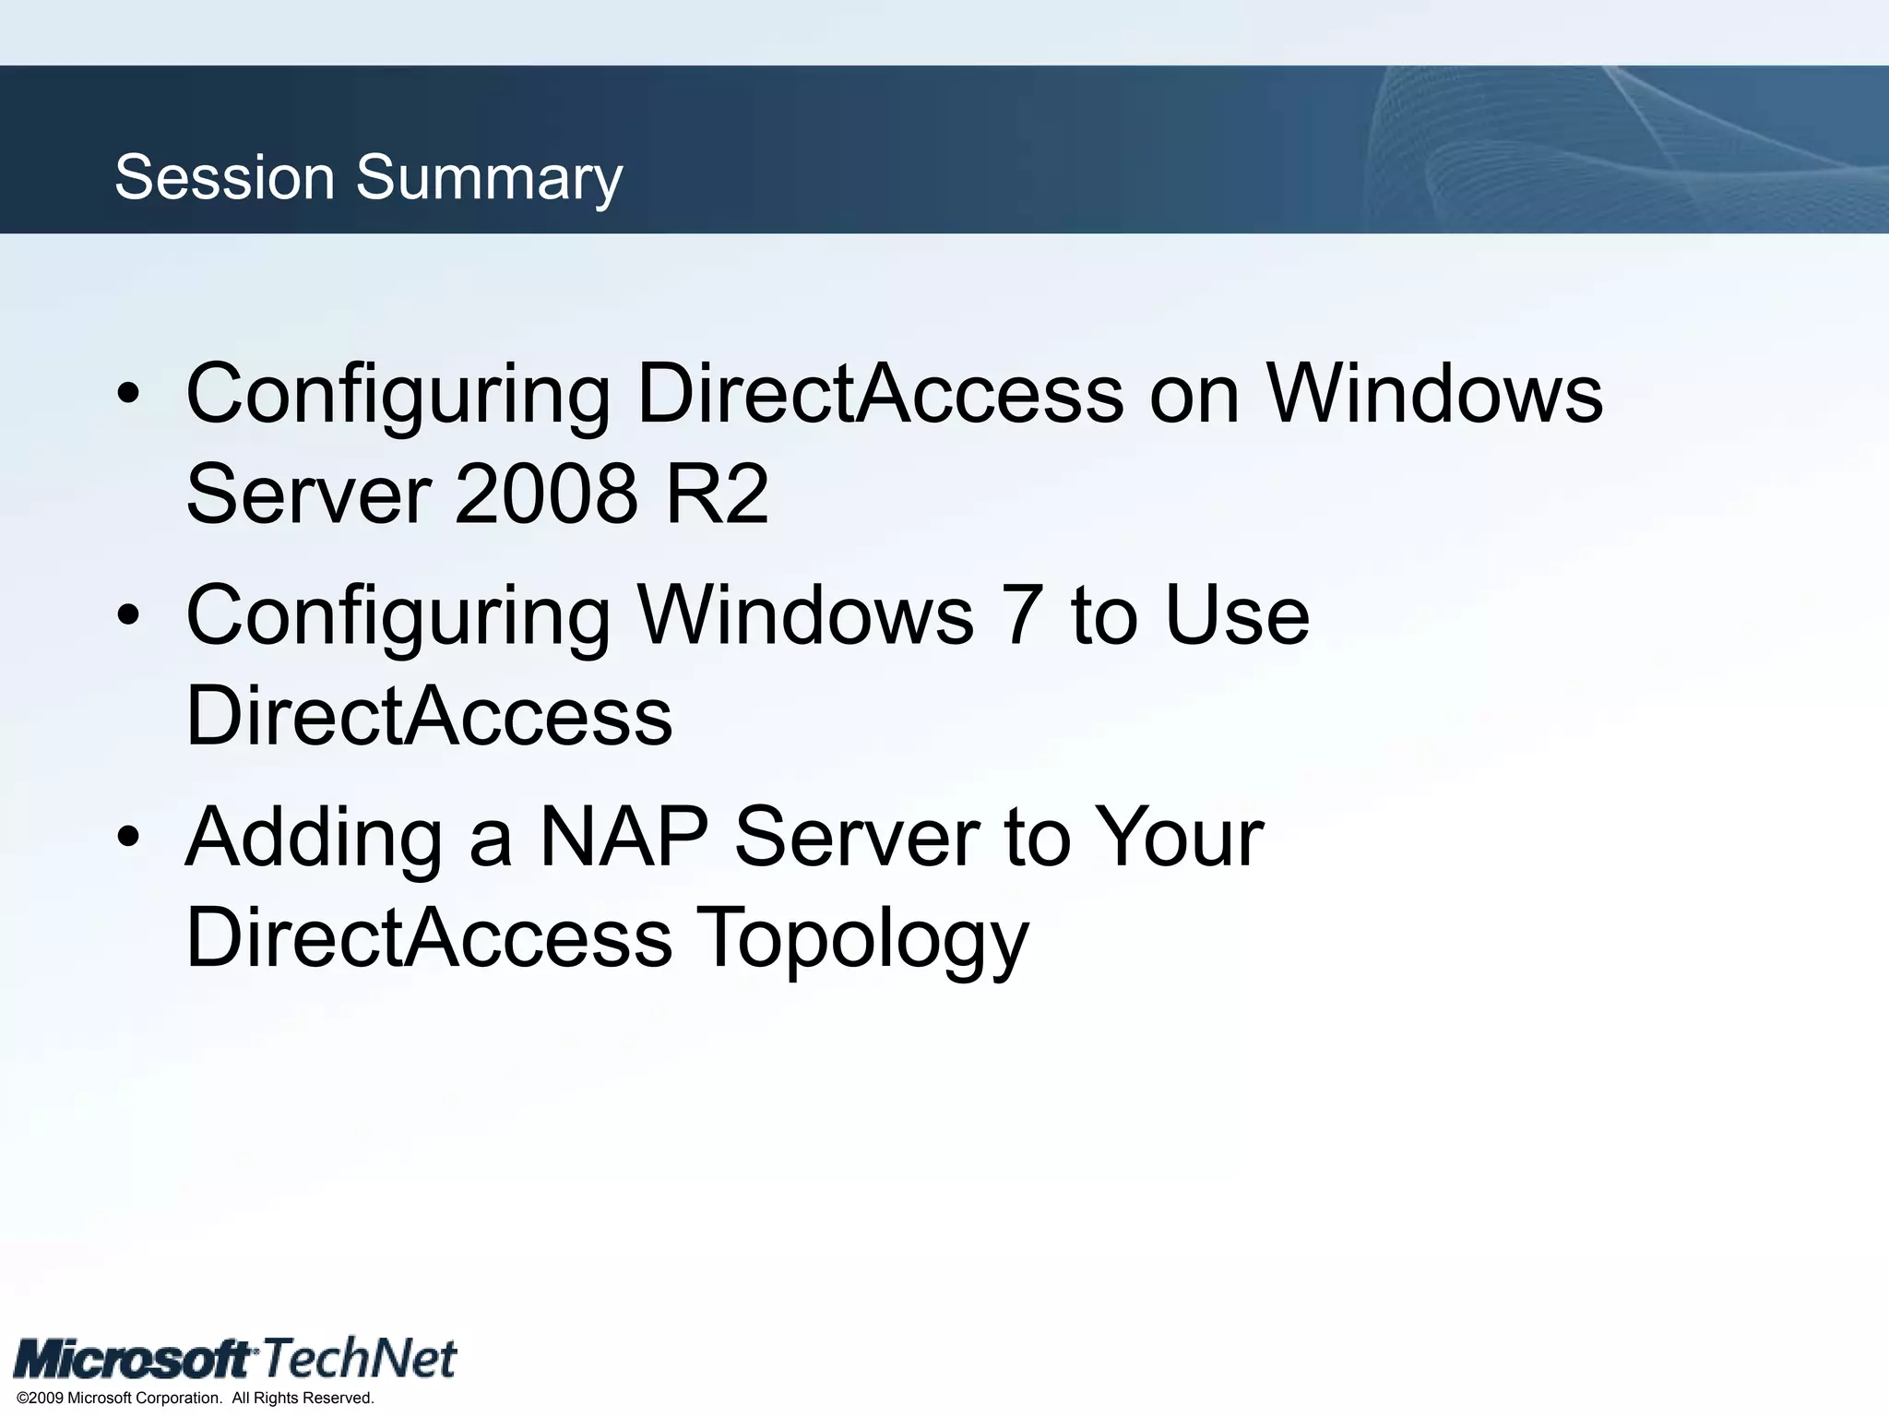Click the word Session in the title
point(224,177)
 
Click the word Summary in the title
point(490,179)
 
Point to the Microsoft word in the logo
point(135,1360)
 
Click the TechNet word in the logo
point(361,1358)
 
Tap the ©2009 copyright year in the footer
point(40,1399)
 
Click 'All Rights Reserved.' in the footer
point(303,1399)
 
